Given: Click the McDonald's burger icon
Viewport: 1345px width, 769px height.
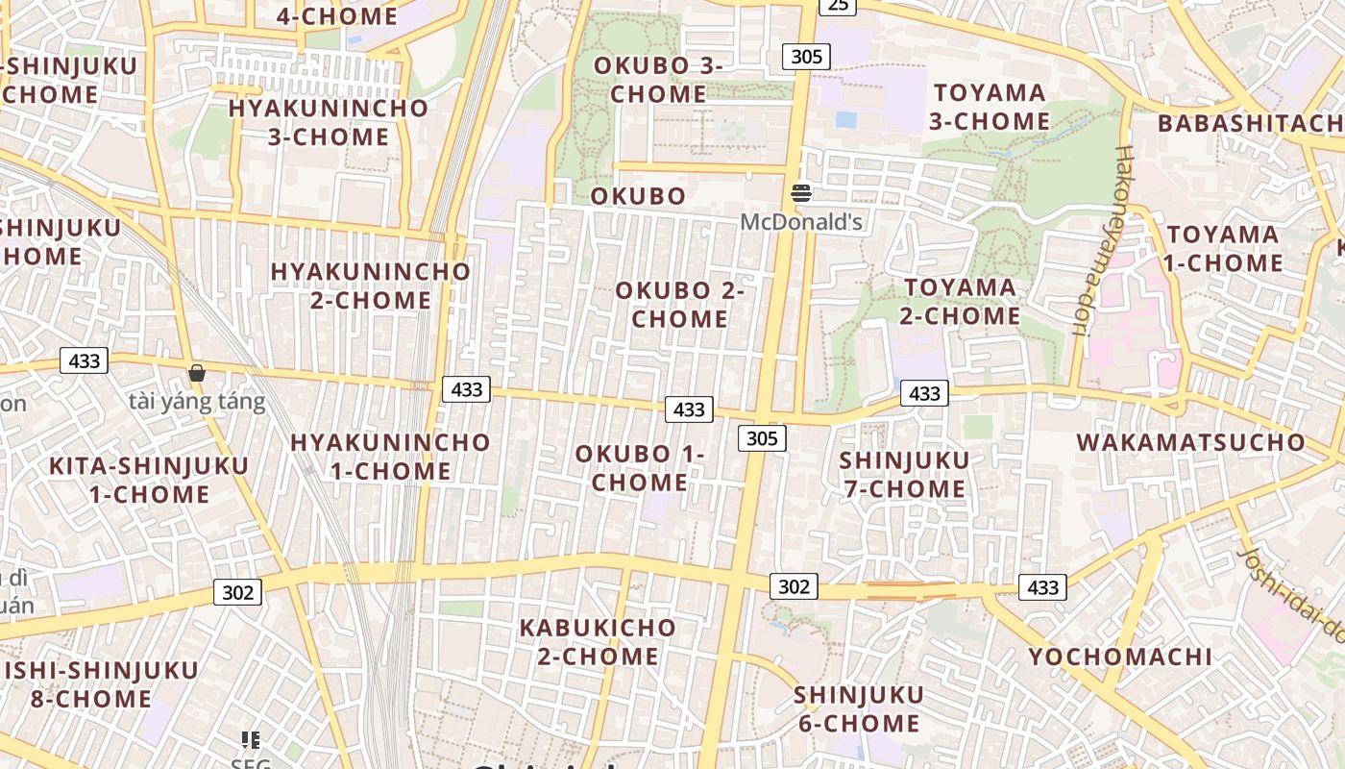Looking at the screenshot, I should click(x=801, y=193).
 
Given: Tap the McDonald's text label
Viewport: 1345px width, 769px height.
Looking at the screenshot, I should click(x=801, y=223).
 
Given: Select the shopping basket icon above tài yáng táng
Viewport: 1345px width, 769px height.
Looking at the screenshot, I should click(x=197, y=373).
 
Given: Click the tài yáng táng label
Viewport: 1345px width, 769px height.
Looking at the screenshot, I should click(x=197, y=401).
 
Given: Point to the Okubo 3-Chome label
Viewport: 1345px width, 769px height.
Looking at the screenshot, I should click(x=658, y=80).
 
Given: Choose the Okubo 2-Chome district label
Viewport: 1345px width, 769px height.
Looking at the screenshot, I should click(x=680, y=304).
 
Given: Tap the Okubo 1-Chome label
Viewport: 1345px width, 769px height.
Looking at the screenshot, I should click(x=640, y=468).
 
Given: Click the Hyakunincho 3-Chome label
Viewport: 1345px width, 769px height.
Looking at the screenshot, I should click(x=328, y=122).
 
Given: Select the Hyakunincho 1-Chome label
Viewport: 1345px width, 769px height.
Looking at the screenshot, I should click(x=390, y=457).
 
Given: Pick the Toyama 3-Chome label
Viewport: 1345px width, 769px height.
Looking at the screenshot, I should click(x=990, y=107).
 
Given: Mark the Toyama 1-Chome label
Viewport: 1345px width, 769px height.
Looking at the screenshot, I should click(x=1223, y=249).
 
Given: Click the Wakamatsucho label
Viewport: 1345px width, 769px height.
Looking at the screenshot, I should click(x=1191, y=442).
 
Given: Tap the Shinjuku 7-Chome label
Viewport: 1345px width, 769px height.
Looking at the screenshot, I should click(x=904, y=475).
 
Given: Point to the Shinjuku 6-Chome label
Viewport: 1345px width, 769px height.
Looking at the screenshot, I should click(x=859, y=708).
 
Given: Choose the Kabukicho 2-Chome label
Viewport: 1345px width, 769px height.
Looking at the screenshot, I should click(x=598, y=642).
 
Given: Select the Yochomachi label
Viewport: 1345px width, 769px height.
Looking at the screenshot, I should click(x=1120, y=657).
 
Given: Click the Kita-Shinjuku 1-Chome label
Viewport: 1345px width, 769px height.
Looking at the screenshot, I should click(x=149, y=481).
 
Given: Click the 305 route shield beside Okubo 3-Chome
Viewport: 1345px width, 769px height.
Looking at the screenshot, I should click(x=806, y=57).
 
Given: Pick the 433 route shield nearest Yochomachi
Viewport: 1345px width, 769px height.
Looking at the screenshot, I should click(x=1042, y=587).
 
